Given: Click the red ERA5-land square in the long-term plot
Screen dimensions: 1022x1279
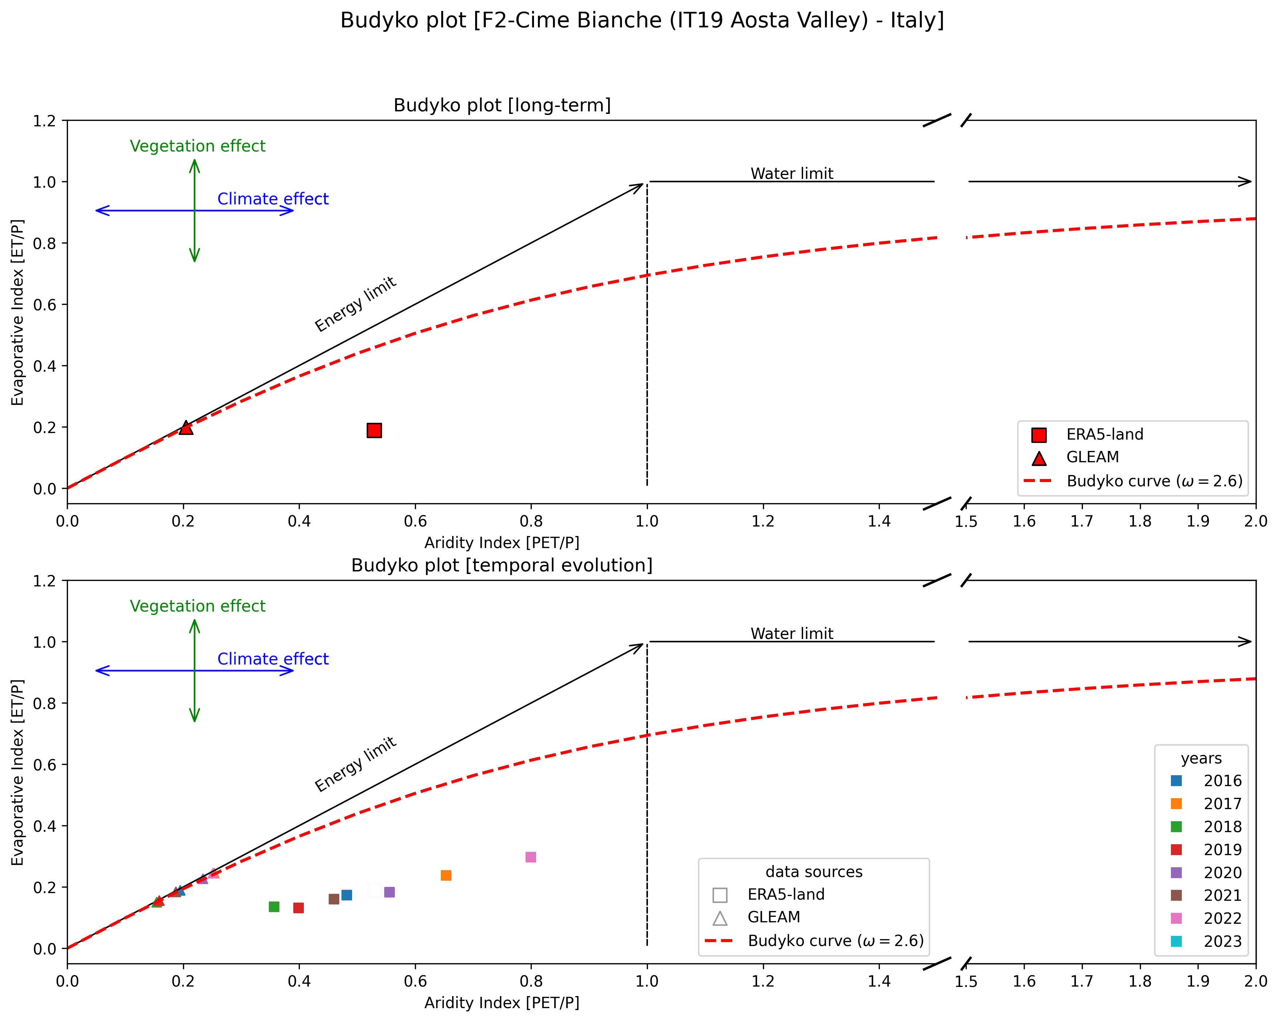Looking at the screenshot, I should (374, 430).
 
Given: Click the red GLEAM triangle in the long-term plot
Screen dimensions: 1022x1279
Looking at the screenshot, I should (186, 428).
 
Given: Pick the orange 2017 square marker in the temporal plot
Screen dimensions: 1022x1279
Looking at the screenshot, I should (446, 876).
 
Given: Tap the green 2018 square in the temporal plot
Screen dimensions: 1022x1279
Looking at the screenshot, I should (274, 907).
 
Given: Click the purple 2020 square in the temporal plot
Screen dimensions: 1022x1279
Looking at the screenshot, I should (389, 892).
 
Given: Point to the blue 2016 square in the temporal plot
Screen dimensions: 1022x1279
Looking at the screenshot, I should (347, 895).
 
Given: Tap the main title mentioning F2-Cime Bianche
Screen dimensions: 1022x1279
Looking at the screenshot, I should (642, 21).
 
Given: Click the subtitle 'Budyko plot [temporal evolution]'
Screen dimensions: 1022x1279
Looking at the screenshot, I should (501, 565).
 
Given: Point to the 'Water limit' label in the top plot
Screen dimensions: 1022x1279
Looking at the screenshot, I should (791, 174).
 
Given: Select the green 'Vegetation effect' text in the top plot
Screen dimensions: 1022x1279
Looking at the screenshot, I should (198, 146).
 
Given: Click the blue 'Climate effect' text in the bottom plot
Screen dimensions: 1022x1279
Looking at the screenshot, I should (273, 659).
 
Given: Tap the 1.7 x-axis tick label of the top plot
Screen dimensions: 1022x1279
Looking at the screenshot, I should (1081, 521).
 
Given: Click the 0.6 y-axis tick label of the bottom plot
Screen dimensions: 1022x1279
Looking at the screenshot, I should (45, 765).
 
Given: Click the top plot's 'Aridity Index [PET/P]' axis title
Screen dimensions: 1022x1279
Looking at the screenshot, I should (501, 543).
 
